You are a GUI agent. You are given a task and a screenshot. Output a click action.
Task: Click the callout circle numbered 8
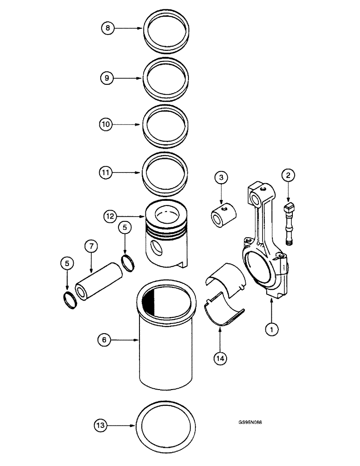click(x=108, y=28)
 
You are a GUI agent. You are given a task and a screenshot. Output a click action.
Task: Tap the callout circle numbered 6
click(x=104, y=341)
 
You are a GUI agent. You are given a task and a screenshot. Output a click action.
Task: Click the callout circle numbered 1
click(x=271, y=329)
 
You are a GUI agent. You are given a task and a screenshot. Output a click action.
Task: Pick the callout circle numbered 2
click(x=288, y=176)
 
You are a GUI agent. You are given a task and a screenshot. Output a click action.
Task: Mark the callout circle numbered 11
click(x=106, y=173)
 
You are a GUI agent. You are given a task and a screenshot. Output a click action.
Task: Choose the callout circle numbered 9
click(x=106, y=78)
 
